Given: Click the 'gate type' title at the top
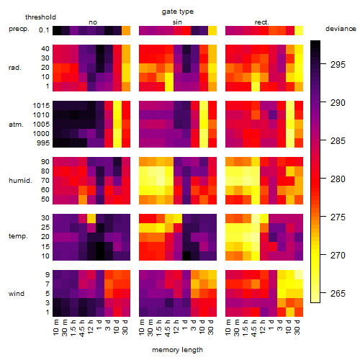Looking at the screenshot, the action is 178,12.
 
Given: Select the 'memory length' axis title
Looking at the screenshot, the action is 177,350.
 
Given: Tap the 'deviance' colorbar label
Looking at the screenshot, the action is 341,29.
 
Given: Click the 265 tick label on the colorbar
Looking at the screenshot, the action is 338,293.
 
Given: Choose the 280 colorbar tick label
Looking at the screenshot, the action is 338,179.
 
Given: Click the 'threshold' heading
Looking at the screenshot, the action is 40,17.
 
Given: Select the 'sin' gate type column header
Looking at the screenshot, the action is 177,22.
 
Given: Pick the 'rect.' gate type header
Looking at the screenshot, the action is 261,22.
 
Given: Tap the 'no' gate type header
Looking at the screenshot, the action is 93,22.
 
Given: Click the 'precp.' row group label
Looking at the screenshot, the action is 19,29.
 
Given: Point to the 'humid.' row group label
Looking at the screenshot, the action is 20,180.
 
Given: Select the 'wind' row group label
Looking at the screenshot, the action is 17,294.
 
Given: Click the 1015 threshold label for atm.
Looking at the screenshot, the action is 41,106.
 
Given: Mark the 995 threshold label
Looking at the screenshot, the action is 43,143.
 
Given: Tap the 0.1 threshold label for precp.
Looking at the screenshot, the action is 44,30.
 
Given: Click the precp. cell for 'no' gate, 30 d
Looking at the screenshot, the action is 126,30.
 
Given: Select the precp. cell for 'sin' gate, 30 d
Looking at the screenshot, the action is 212,30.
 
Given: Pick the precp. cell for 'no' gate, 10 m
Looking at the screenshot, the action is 57,30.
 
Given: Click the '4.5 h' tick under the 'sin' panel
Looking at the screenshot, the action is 168,328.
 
